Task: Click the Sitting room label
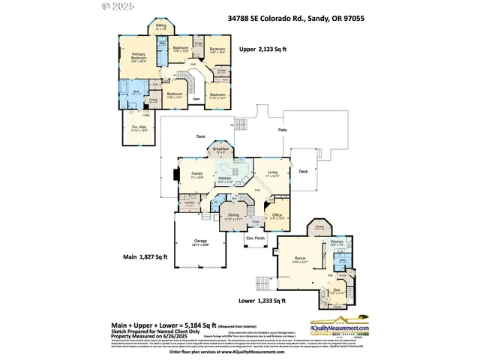(160, 26)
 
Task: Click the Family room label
(196, 174)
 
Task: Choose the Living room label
(273, 172)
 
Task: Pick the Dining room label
(234, 216)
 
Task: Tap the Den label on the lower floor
(336, 290)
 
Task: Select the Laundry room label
(190, 203)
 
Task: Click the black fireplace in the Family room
(175, 175)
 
